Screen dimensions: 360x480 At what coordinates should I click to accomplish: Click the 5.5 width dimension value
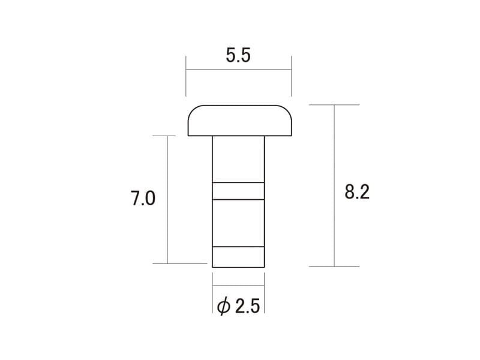pos(238,56)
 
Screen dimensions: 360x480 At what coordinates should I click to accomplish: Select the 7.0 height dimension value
pos(143,199)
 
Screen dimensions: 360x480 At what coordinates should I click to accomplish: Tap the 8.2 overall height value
pos(357,192)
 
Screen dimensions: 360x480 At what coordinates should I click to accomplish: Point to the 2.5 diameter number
pos(247,307)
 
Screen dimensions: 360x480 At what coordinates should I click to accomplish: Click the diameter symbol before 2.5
pos(223,307)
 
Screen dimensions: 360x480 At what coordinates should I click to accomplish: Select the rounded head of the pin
pos(239,121)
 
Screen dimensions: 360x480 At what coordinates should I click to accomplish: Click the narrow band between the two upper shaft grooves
pos(238,190)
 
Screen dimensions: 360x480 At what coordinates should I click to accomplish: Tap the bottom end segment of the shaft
pos(238,257)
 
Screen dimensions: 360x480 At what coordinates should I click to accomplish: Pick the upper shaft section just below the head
pos(238,158)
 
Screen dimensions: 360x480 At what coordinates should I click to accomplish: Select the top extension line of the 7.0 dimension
pos(163,136)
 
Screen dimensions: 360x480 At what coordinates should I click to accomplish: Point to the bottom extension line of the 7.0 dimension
pos(180,263)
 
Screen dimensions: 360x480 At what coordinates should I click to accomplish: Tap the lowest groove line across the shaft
pos(238,247)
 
